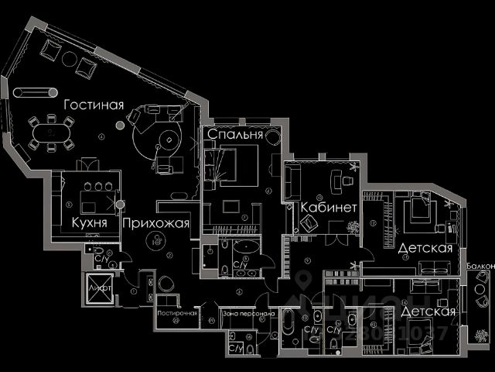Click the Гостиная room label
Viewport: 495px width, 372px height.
94,105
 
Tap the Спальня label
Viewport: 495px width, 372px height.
234,134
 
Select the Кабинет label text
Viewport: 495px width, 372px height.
329,208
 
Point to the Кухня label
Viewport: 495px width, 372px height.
89,223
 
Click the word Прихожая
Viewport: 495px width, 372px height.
155,223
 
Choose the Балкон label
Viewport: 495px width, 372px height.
480,267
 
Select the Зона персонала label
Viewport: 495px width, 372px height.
247,314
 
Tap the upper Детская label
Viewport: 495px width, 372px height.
425,249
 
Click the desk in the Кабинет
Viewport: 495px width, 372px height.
339,184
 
